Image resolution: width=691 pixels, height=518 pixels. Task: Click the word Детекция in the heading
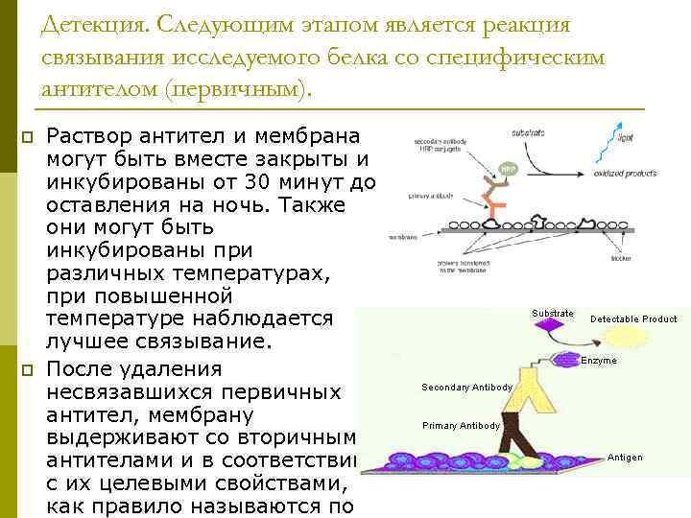90,23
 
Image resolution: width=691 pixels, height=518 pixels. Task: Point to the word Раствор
91,136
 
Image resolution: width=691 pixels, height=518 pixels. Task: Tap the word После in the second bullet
85,368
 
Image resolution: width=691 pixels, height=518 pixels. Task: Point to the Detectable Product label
633,318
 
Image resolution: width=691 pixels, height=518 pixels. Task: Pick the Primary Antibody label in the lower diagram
461,425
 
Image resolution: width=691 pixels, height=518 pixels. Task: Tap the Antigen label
625,458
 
